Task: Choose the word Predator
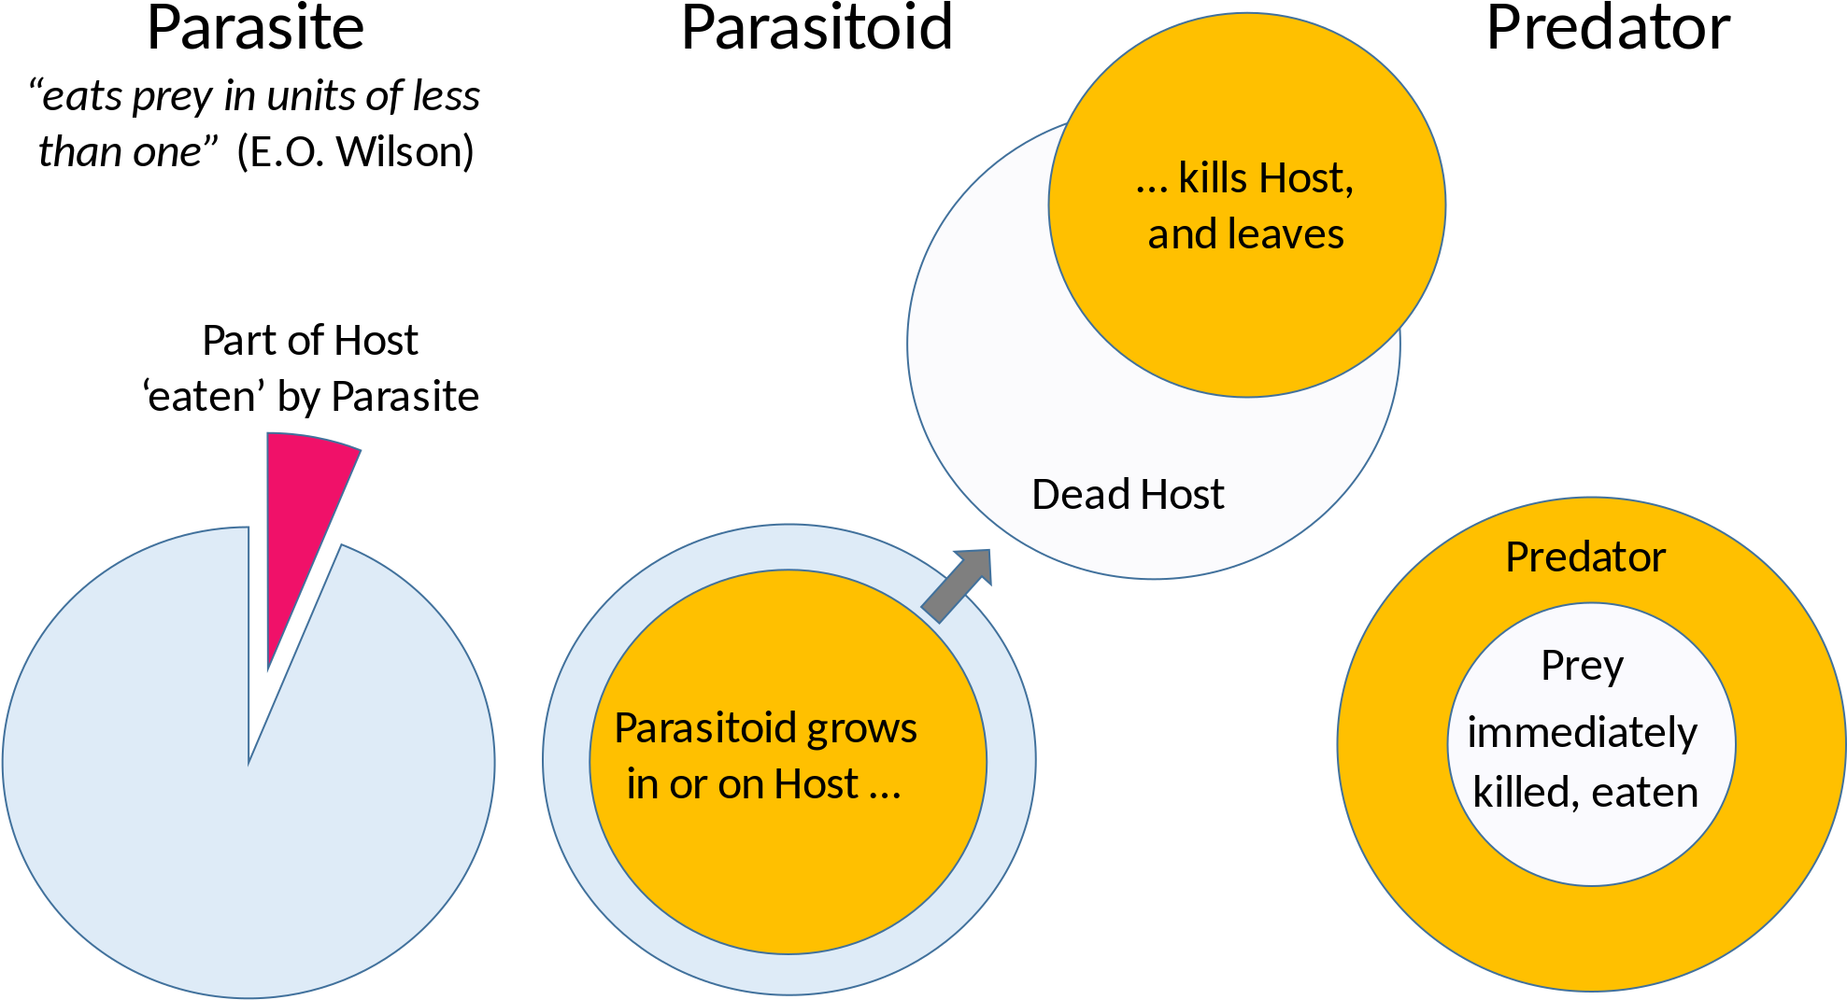[x=1585, y=557]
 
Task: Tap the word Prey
[x=1582, y=667]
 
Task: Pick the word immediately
[x=1582, y=734]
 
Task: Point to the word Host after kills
[x=1306, y=177]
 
